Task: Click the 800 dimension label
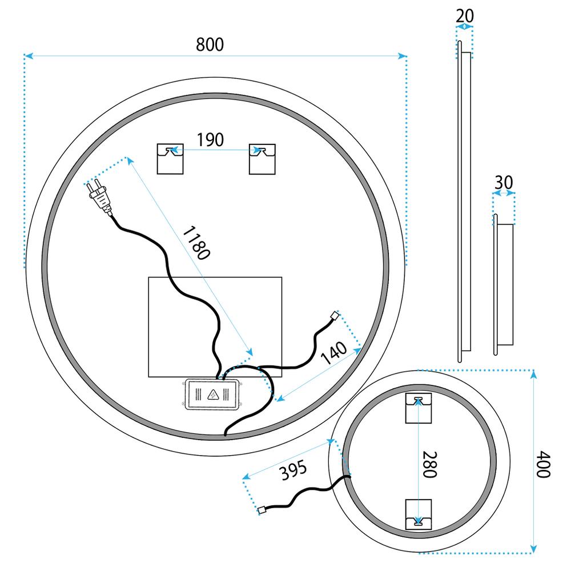210,45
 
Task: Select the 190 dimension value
211,139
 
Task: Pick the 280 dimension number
430,464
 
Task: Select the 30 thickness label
504,183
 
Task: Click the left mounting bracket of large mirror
170,158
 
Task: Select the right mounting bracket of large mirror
263,158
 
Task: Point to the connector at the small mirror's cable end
262,510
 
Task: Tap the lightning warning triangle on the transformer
212,395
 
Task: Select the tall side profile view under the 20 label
464,206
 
